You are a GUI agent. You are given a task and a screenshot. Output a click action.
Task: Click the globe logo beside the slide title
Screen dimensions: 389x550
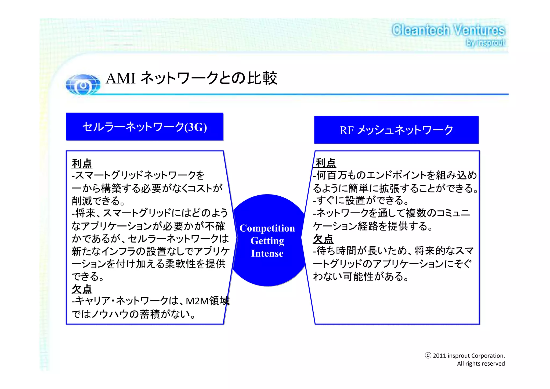point(83,85)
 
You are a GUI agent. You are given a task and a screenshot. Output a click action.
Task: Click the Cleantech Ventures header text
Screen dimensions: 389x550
point(448,30)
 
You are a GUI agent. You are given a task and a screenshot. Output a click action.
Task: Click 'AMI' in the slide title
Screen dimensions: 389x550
point(121,79)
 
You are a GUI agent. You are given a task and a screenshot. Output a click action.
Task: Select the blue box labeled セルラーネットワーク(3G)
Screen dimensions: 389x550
point(144,127)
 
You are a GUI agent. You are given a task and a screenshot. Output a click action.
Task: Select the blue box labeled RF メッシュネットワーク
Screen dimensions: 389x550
point(396,130)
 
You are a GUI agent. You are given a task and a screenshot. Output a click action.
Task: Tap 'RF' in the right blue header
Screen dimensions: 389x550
point(346,131)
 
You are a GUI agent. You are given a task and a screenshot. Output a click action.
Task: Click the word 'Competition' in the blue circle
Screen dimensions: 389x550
point(267,228)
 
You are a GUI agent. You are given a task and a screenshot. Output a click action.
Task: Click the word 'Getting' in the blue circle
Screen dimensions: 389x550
point(267,241)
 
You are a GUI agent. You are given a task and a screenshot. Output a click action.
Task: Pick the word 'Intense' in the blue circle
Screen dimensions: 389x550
point(267,253)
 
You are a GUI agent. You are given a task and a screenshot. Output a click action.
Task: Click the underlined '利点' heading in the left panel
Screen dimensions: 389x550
point(82,163)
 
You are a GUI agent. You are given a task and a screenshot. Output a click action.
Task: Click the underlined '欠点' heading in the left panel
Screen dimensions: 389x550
point(82,289)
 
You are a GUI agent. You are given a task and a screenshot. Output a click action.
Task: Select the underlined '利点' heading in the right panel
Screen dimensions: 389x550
point(325,163)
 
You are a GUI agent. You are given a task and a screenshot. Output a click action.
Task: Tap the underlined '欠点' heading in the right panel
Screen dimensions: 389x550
point(323,239)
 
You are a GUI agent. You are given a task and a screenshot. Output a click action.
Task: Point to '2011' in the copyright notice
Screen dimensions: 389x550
point(439,356)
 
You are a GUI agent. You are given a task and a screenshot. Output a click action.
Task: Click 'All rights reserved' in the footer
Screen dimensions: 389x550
point(481,364)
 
